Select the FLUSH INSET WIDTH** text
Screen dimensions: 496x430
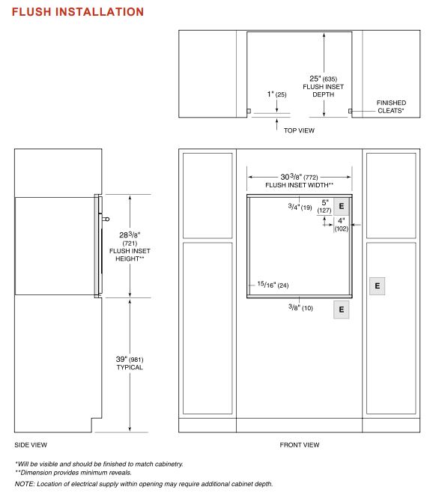tap(299, 185)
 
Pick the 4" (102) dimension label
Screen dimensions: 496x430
tap(341, 225)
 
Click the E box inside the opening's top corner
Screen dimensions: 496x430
tap(341, 205)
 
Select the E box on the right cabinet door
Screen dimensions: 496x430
tap(377, 286)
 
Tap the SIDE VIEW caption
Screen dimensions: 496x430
tap(31, 444)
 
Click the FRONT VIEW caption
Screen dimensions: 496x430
tap(299, 444)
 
